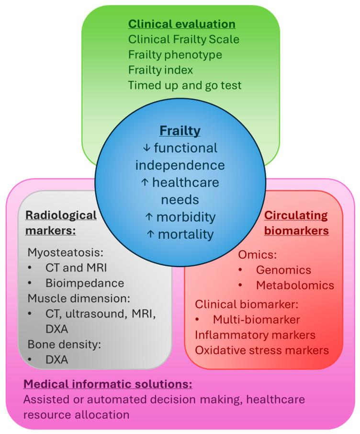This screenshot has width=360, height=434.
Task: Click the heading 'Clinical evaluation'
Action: coord(182,24)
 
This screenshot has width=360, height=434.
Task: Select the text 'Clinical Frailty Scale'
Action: coord(184,39)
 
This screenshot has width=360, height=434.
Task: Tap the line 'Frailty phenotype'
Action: coord(175,55)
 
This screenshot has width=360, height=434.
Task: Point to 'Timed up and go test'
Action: coord(185,85)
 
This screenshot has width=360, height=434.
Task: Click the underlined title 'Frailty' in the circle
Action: coord(180,131)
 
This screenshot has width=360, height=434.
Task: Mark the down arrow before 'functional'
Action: coord(146,148)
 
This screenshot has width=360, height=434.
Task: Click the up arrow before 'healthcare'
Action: coord(145,183)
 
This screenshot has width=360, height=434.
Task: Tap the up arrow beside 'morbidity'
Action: coord(149,217)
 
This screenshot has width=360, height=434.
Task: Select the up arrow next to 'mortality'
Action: coord(150,234)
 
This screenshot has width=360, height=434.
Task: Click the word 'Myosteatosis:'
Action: coord(65,252)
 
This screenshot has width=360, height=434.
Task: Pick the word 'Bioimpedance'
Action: coord(85,283)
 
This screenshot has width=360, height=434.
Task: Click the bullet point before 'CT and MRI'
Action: coord(30,268)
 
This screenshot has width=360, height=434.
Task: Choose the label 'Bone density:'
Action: coord(64,344)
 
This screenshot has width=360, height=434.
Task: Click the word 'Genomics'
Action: coord(283,270)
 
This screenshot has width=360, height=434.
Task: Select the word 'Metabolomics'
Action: coord(295,286)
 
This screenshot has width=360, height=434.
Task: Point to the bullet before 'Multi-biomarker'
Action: coord(197,320)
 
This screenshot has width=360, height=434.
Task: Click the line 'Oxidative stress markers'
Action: coord(262,350)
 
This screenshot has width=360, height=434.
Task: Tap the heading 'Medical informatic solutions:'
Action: coord(108,384)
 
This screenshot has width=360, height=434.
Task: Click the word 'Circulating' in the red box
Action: coord(296,216)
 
